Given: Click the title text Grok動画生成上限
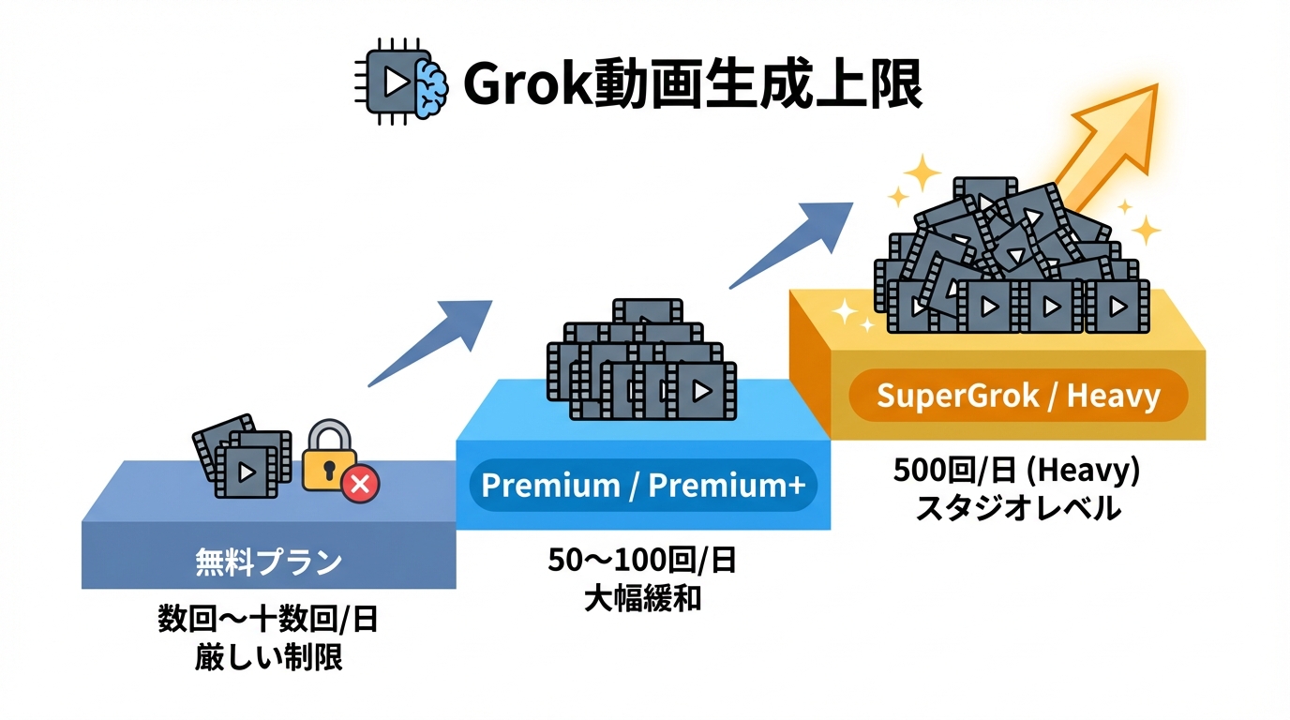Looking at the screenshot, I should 692,86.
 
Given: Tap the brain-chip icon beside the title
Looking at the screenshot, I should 401,82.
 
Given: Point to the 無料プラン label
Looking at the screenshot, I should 268,562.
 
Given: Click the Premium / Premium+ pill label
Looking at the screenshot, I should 643,486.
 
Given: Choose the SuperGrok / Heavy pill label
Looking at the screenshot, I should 1018,396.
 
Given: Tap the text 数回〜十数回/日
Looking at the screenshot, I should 268,621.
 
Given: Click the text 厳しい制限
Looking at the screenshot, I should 268,657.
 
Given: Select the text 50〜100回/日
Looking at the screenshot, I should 643,562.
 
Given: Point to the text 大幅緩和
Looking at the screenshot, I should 643,598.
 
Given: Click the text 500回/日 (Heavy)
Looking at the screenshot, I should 1017,472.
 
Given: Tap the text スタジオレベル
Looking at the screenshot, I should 1017,508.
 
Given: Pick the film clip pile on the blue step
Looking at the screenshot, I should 641,361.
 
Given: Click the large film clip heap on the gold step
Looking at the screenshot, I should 1008,258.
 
